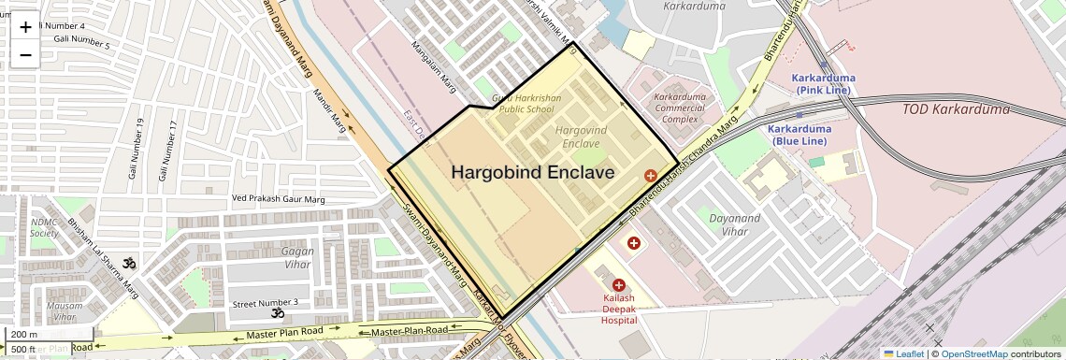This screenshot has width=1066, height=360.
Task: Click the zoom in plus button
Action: pyautogui.click(x=25, y=26)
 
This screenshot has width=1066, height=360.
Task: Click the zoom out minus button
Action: pyautogui.click(x=25, y=54)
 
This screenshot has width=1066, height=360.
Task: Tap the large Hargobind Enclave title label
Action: pyautogui.click(x=533, y=172)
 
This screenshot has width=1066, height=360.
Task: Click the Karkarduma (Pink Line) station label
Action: pyautogui.click(x=823, y=83)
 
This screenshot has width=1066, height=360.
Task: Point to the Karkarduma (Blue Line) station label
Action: pyautogui.click(x=799, y=135)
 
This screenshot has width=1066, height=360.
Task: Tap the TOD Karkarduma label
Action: pyautogui.click(x=956, y=109)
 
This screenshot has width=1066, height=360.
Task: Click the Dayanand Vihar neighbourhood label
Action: pyautogui.click(x=734, y=223)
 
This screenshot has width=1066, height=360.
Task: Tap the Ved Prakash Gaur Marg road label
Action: pyautogui.click(x=278, y=199)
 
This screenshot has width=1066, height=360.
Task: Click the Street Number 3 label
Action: pyautogui.click(x=265, y=302)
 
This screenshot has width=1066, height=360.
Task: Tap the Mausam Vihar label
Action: pyautogui.click(x=65, y=311)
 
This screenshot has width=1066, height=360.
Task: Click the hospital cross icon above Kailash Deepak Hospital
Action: pyautogui.click(x=618, y=284)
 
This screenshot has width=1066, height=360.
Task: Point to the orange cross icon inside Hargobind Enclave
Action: pyautogui.click(x=650, y=175)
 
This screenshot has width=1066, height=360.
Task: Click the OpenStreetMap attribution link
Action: pyautogui.click(x=973, y=353)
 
